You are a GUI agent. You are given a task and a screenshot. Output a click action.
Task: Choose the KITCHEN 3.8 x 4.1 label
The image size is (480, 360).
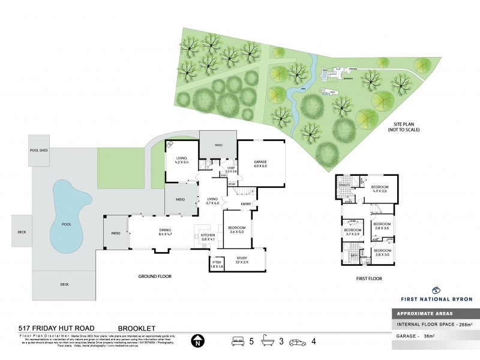click(x=208, y=237)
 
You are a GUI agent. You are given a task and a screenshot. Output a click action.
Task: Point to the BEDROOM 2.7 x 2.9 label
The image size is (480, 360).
click(x=352, y=232)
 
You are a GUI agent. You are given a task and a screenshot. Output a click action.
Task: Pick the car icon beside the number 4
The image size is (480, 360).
click(x=296, y=343)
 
